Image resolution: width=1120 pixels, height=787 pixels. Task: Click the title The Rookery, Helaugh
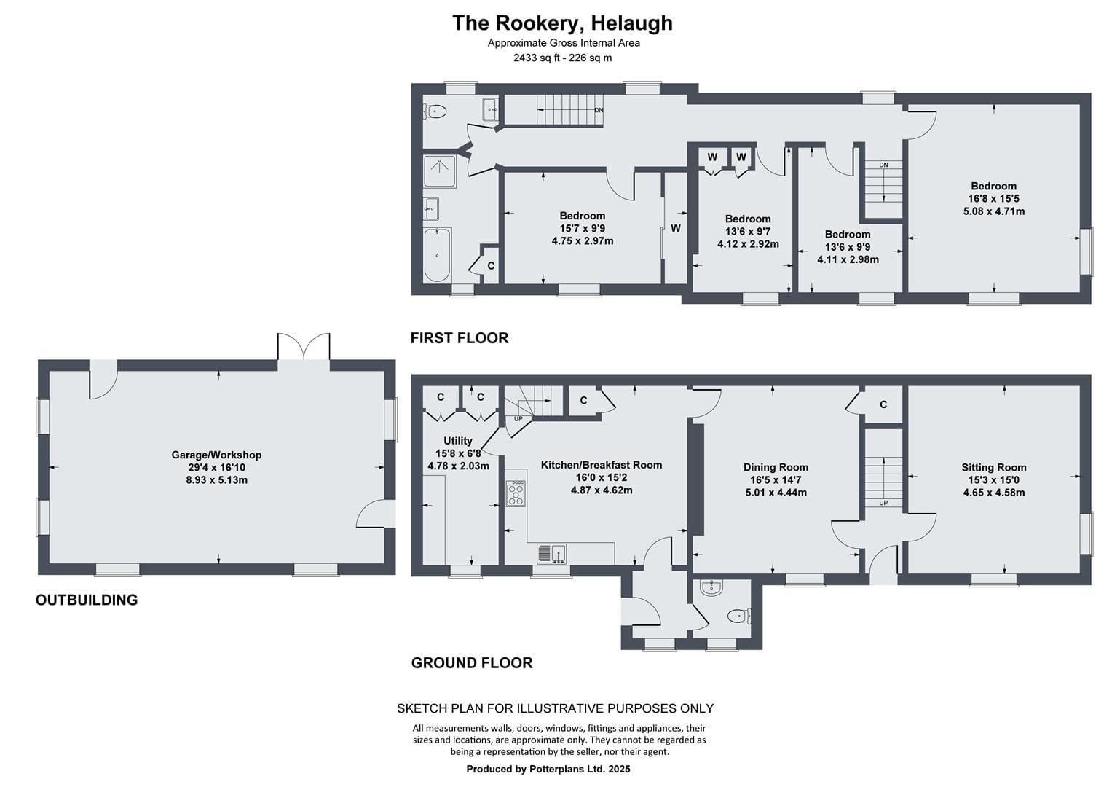coord(562,23)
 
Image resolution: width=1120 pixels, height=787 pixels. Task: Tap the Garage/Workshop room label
coord(216,455)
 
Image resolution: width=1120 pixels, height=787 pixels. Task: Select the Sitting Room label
coord(994,467)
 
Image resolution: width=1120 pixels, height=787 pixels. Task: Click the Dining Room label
coord(776,467)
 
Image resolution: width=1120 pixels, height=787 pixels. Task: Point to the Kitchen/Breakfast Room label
coord(602,465)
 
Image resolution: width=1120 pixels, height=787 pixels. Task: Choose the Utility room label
coord(458,441)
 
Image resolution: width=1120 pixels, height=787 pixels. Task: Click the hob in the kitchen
coord(516,493)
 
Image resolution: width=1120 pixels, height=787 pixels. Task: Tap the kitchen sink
coord(551,553)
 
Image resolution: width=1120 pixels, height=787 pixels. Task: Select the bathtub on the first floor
coord(438,255)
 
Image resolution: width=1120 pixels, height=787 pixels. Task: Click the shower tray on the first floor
coord(440,171)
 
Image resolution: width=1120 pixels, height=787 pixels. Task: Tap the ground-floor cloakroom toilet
coord(739,616)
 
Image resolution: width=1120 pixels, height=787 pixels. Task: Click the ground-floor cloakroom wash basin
coord(711,588)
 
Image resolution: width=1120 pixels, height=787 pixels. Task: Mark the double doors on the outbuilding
coord(304,346)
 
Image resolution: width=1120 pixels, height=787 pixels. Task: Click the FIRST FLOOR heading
coord(460,338)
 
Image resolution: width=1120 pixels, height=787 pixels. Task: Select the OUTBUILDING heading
coord(87,600)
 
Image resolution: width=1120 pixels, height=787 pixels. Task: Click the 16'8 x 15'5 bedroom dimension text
coord(994,199)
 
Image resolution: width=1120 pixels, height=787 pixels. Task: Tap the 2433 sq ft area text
coord(534,58)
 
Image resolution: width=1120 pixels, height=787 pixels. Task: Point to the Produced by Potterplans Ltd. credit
coord(548,769)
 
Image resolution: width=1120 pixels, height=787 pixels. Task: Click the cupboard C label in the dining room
coord(883,404)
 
